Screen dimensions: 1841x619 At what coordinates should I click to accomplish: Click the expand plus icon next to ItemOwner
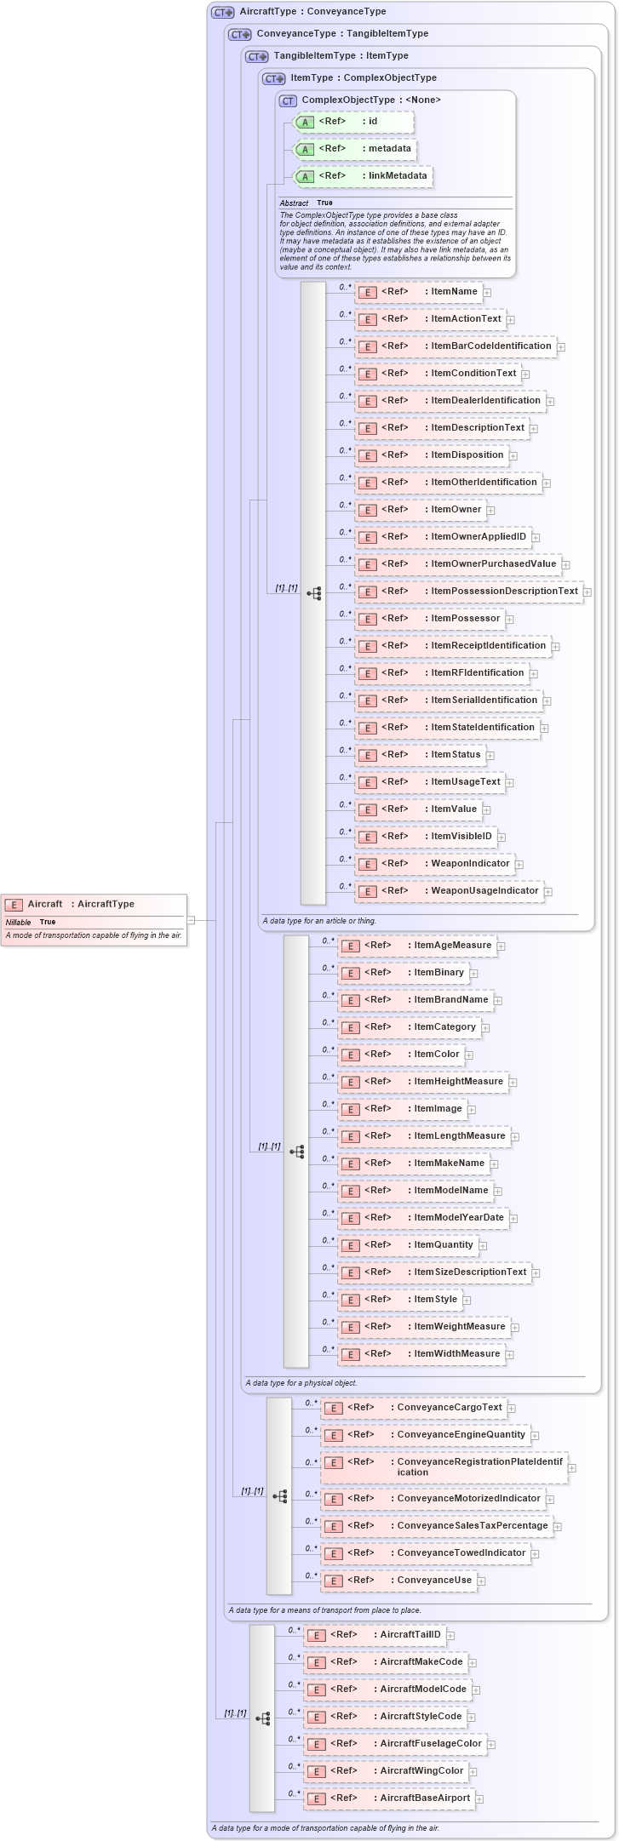pos(490,511)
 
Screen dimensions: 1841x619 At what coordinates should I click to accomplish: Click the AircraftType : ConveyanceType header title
pos(312,12)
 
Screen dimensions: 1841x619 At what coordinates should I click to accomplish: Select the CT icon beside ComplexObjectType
pos(289,100)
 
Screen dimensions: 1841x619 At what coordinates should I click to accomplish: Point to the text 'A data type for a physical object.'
pos(301,1383)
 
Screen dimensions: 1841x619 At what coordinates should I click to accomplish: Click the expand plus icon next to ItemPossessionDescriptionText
pos(587,592)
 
